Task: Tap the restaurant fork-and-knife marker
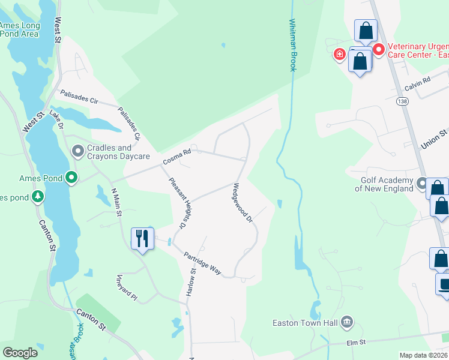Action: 143,238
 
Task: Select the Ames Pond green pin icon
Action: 71,177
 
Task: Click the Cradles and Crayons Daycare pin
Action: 77,152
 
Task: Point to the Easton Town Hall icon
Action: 346,322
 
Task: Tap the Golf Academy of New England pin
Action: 423,184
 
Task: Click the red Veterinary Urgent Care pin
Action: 379,49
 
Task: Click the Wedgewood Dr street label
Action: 241,202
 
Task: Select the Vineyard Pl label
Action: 127,289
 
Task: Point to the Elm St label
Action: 355,343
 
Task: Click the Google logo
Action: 20,353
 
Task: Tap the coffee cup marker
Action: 444,284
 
